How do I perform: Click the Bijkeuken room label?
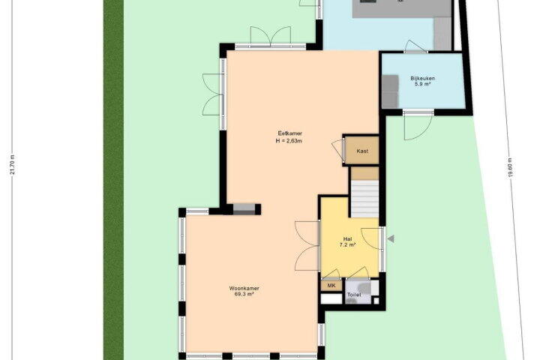pos(422,78)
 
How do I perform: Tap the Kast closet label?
pos(362,151)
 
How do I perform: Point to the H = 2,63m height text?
pos(289,140)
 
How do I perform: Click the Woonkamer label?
pos(244,288)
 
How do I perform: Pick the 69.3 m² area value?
pos(244,294)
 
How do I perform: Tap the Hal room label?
pos(347,239)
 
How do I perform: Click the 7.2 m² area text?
pos(347,245)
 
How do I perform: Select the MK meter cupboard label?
pos(331,286)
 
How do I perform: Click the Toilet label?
pos(354,295)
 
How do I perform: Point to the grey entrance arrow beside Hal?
pos(391,238)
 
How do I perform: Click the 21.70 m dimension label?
pos(13,164)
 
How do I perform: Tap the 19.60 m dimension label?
pos(510,167)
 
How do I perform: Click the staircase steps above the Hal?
pos(364,199)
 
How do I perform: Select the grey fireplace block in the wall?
pos(244,209)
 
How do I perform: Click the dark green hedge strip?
pos(114,180)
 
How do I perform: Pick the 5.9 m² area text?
pos(422,84)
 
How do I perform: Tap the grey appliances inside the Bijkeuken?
pos(390,91)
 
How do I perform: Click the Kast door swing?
pos(337,149)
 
